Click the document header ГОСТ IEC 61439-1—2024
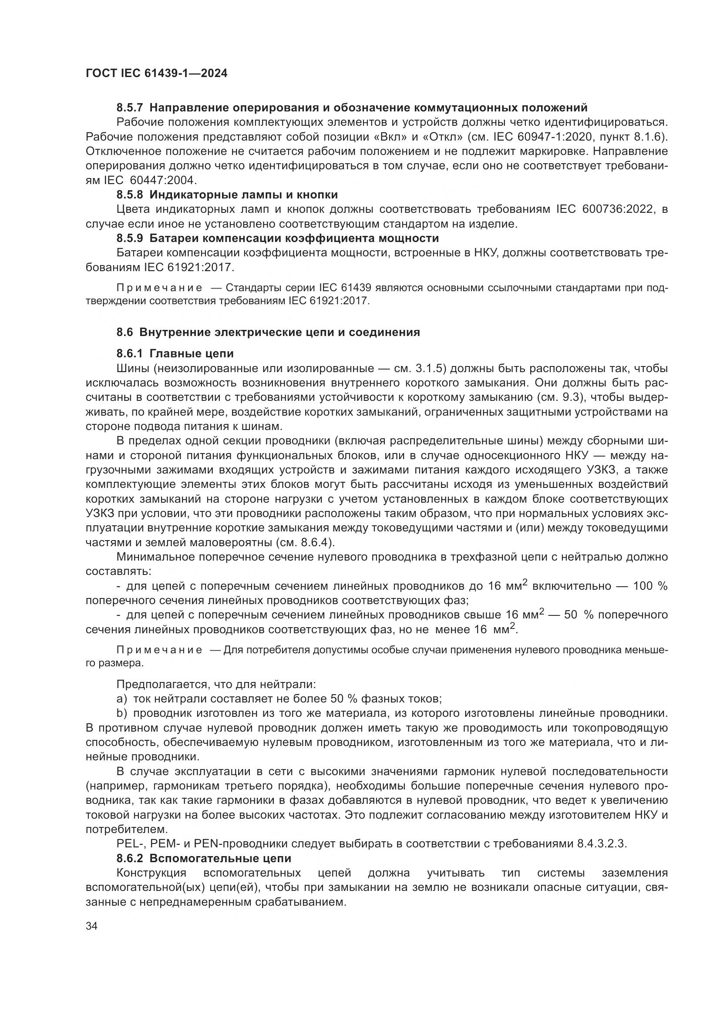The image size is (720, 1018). coord(157,74)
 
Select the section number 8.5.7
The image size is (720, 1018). coord(130,108)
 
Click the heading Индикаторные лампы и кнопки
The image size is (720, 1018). coord(243,195)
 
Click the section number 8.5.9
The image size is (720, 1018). coord(130,239)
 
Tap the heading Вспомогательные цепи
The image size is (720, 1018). coord(220,858)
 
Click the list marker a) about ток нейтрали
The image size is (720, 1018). coord(121,699)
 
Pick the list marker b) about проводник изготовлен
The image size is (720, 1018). coord(121,714)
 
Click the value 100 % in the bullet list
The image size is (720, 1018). coord(649,586)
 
